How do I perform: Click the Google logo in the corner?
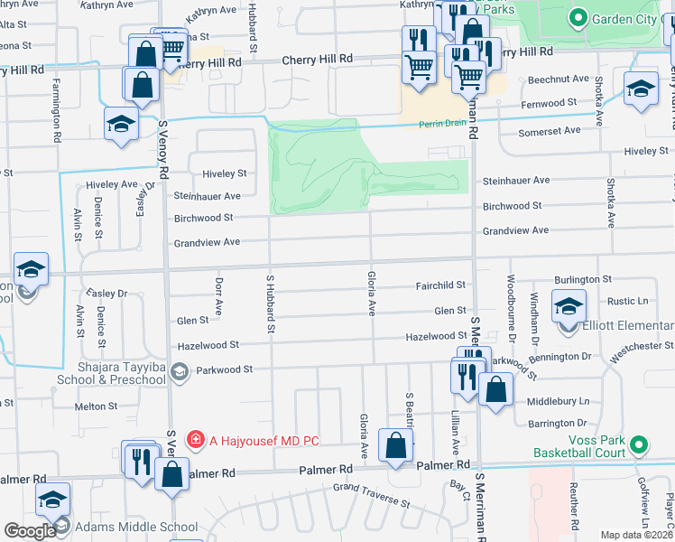tap(29, 531)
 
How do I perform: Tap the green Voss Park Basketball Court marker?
tap(639, 444)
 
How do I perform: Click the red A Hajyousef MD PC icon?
tap(194, 440)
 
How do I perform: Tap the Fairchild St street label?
tap(439, 285)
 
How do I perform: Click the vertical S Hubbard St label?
tap(269, 301)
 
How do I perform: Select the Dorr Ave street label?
tap(218, 297)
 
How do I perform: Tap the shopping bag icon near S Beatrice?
tap(395, 444)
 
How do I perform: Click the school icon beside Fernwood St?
tap(641, 89)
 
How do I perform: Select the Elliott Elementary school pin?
tap(569, 307)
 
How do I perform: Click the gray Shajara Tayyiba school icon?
tap(180, 371)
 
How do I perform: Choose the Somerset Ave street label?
tap(549, 131)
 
